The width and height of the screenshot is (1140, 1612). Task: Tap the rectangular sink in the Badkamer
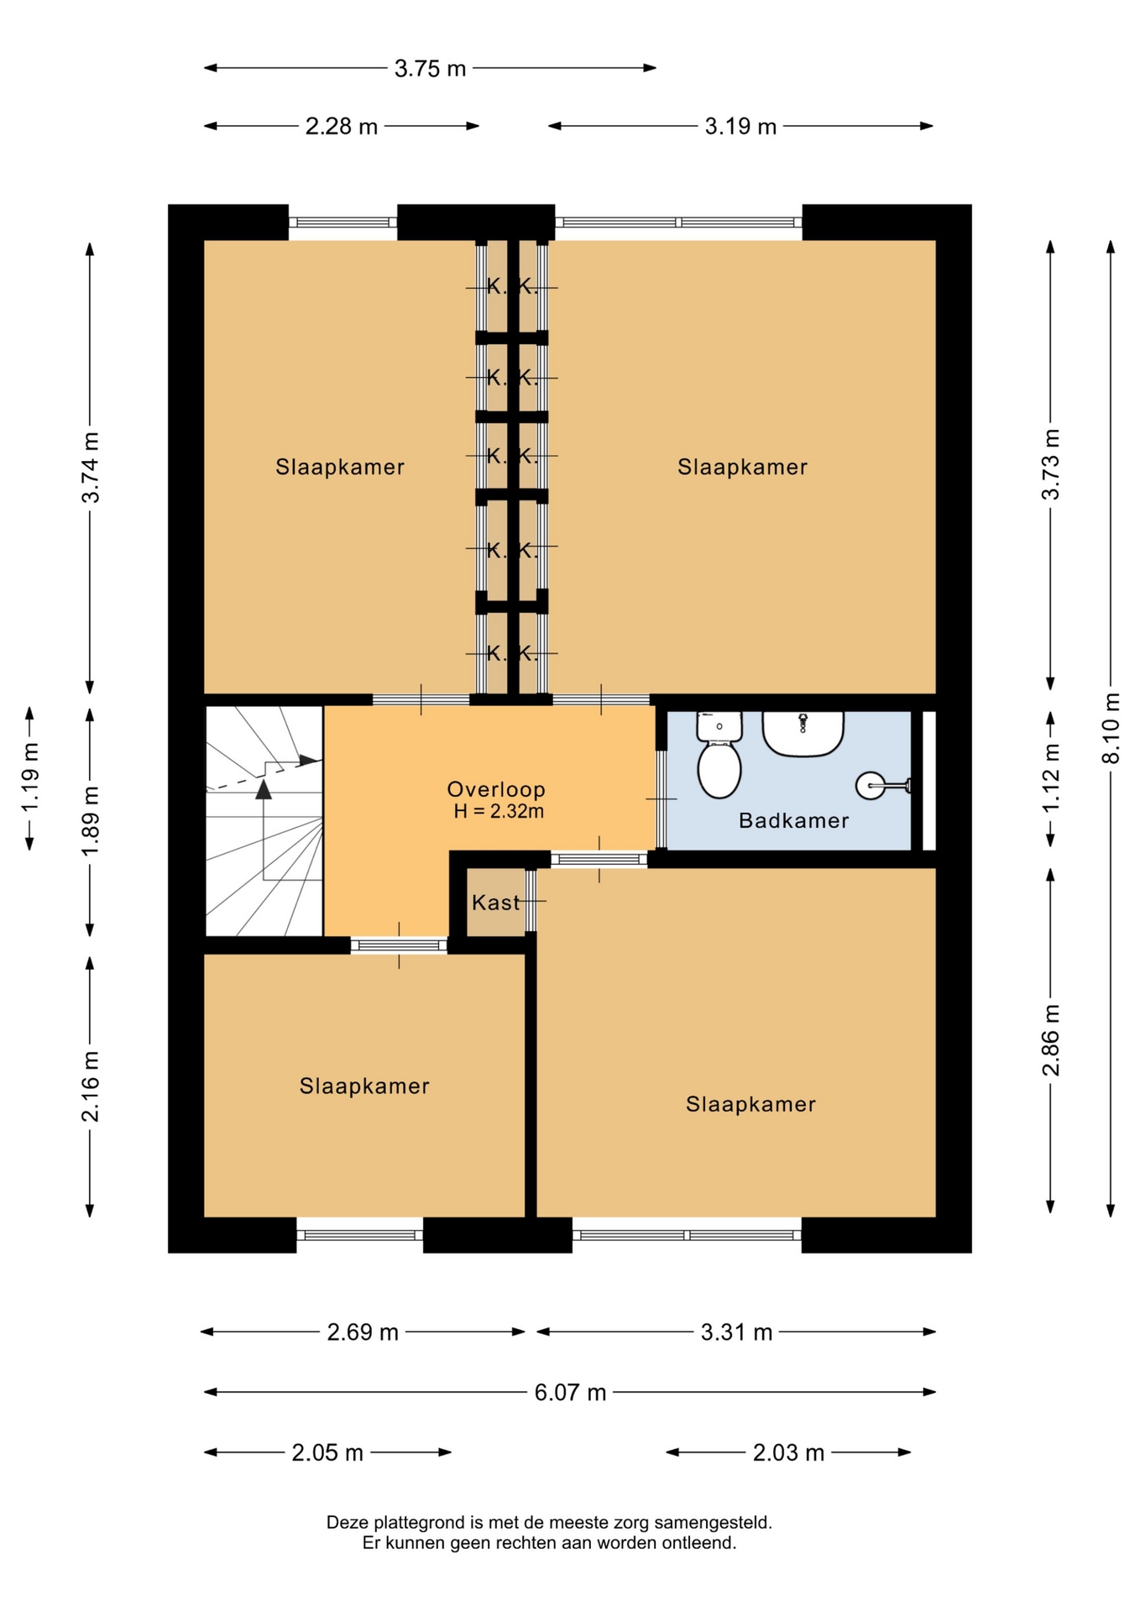tap(803, 734)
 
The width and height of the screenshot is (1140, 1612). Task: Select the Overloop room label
tap(496, 789)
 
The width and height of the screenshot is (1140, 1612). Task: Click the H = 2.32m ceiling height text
tap(499, 811)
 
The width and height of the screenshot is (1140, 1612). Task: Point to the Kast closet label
tap(495, 903)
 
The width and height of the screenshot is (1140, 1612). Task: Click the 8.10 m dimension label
tap(1111, 728)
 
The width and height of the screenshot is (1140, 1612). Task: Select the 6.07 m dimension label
tap(571, 1392)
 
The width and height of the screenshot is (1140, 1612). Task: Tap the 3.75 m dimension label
tap(430, 69)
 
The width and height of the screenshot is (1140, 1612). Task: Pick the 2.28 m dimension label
tap(341, 127)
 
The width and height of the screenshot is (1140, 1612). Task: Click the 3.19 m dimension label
tap(740, 127)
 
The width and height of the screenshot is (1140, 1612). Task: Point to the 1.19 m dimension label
tap(30, 777)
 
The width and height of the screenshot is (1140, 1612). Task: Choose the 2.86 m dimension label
tap(1050, 1039)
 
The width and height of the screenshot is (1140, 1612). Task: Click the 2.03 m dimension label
tap(788, 1452)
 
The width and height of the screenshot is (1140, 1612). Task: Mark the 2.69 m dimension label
tap(363, 1332)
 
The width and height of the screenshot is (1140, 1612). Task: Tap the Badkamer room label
tap(793, 820)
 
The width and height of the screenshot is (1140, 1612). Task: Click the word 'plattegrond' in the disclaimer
tap(417, 1522)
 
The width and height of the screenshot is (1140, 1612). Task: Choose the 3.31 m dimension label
tap(736, 1332)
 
